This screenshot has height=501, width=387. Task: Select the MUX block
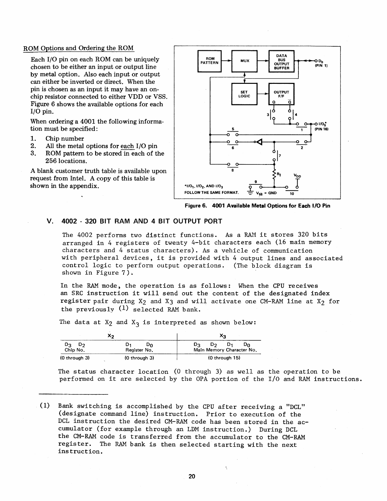coord(245,61)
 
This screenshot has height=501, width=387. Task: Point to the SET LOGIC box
coord(244,94)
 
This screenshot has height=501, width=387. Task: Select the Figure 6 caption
coord(257,206)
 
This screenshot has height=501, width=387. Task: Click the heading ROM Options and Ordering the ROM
coord(79,48)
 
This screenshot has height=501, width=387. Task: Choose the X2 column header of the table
coord(111,335)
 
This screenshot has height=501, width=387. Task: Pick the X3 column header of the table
coord(223,335)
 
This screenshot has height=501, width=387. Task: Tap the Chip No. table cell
coord(75,350)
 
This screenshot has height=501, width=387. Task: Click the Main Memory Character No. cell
coord(225,350)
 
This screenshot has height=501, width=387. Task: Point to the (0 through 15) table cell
coord(224,358)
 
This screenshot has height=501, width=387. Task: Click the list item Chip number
coord(64,139)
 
